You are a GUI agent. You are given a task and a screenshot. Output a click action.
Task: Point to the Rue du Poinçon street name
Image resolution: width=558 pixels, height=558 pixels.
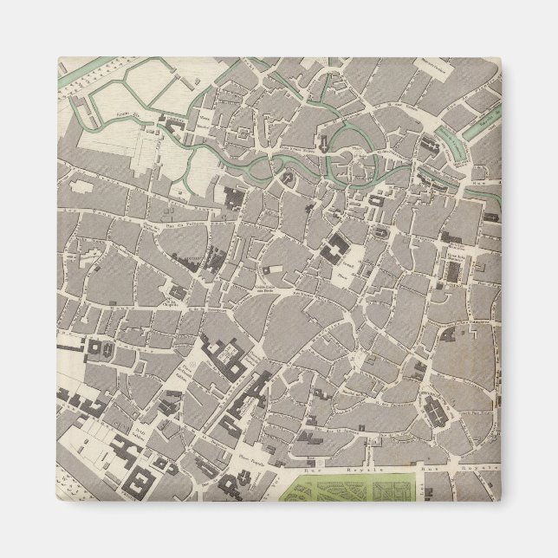tap(178, 228)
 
